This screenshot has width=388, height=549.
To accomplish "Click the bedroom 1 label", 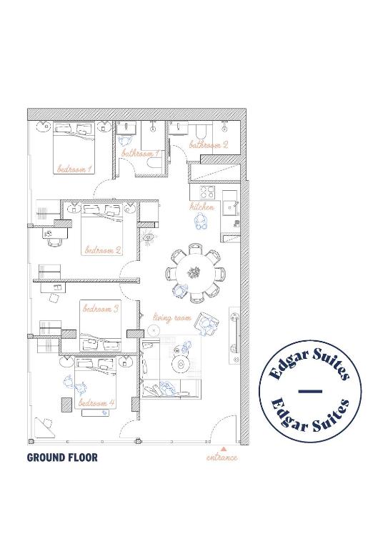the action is pos(74,169).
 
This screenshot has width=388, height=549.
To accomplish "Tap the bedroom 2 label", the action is pos(103,250).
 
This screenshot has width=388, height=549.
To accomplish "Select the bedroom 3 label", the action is pos(101,309).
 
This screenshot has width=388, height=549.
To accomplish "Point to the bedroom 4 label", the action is pos(96,402).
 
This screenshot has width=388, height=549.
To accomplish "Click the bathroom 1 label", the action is pos(141,153).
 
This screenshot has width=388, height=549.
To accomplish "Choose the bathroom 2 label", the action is pos(209,144).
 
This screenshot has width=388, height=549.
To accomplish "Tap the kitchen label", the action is pos(202,207).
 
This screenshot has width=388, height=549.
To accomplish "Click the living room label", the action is pos(172,317).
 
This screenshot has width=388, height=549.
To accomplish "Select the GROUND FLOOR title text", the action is pos(62,457).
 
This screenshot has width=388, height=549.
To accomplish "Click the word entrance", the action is pos(222,457).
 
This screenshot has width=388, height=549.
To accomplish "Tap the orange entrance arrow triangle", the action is pos(224,448).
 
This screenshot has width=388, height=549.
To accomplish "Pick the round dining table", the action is pos(194,272).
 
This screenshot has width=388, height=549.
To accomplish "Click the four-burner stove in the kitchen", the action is pos(208,192).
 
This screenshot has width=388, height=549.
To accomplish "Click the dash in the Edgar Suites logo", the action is pos(310,391).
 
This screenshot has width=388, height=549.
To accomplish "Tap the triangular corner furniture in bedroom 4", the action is pos(44,427).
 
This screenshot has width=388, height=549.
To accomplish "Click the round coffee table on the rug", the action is pos(181,364).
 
